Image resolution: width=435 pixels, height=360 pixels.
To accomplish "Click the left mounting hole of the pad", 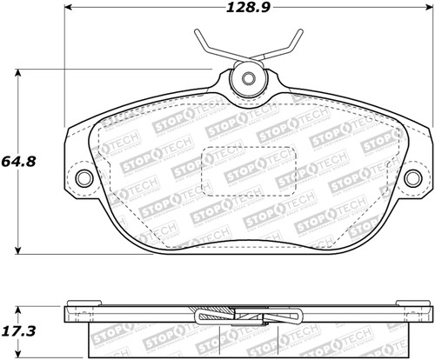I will [84, 179].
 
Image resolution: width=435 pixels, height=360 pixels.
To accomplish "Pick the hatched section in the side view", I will [245, 316].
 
